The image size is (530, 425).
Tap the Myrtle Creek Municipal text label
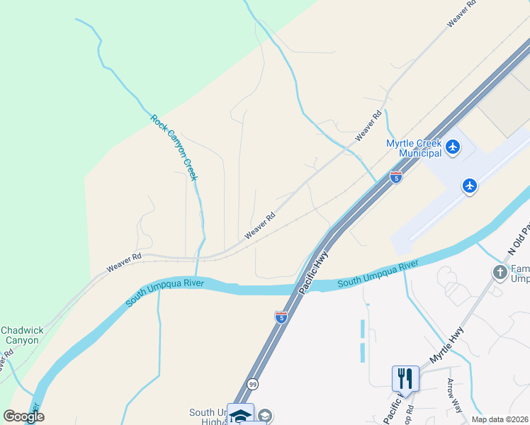[x=414, y=148]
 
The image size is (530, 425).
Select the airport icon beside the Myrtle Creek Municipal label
[x=453, y=148]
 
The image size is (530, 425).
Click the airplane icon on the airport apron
[x=469, y=186]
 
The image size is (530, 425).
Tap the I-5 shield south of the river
[x=281, y=317]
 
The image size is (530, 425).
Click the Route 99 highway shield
[x=252, y=384]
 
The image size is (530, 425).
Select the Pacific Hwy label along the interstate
[x=313, y=273]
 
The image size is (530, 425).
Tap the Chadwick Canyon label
[x=22, y=335]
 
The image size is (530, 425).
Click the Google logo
[x=23, y=416]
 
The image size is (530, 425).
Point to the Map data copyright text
[x=500, y=419]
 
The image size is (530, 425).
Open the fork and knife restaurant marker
[x=405, y=378]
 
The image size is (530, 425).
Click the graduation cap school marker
[x=240, y=415]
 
